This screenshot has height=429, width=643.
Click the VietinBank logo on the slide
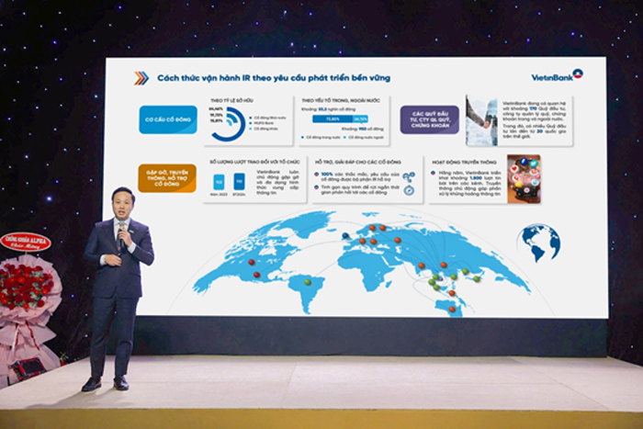[558, 74]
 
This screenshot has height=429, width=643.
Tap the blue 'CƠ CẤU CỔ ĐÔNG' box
[168, 119]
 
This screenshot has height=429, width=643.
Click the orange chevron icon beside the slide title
[141, 78]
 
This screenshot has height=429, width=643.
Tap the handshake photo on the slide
[481, 119]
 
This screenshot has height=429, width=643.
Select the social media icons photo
[524, 178]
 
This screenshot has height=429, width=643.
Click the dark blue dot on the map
[345, 235]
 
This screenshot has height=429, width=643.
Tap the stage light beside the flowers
[29, 367]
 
